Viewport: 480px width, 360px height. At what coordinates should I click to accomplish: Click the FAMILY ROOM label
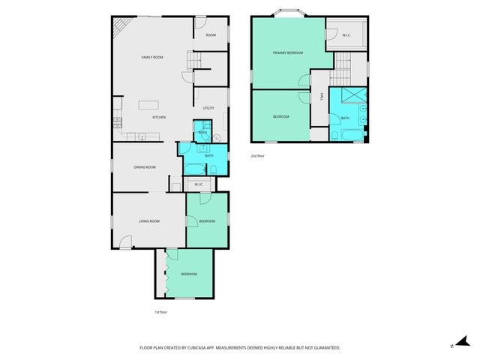[x=153, y=57]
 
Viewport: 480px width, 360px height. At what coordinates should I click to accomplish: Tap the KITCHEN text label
[x=159, y=118]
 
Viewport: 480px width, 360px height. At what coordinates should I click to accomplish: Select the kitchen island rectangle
[x=151, y=103]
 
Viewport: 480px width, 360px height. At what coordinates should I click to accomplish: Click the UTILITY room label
[x=208, y=109]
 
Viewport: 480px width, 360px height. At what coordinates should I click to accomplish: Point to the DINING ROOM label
[x=145, y=167]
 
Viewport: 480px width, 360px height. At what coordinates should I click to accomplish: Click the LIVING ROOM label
[x=149, y=221]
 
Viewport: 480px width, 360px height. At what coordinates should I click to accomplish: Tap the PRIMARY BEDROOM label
[x=288, y=52]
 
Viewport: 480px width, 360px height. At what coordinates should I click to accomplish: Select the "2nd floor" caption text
[x=259, y=156]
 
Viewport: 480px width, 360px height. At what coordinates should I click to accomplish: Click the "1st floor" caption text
[x=160, y=312]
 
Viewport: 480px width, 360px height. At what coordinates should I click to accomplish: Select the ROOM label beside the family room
[x=211, y=35]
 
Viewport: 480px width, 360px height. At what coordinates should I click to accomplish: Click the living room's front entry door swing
[x=126, y=241]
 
